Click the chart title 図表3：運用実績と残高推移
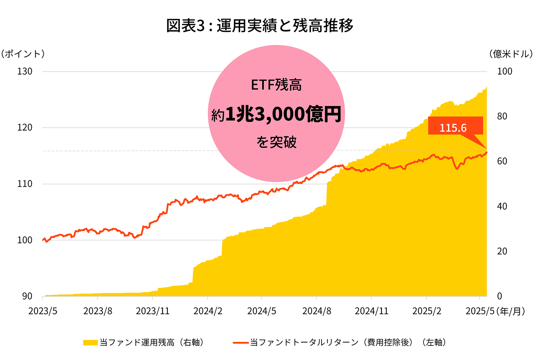coord(260,25)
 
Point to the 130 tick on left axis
coord(25,71)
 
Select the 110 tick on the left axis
coord(25,184)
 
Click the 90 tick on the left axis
coord(27,296)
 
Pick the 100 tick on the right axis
coord(504,71)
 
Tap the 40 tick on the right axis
coord(502,206)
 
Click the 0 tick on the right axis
coord(499,296)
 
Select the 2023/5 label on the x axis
coord(43,311)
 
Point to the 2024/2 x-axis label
coord(208,311)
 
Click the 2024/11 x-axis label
coord(371,311)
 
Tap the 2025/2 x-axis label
coord(427,311)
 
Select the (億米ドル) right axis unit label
coord(511,54)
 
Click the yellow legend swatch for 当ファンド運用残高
coord(90,343)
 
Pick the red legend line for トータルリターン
coord(241,343)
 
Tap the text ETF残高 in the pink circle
coord(276,85)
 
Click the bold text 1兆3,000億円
coord(283,114)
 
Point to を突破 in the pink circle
coord(276,142)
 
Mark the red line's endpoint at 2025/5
coord(486,153)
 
